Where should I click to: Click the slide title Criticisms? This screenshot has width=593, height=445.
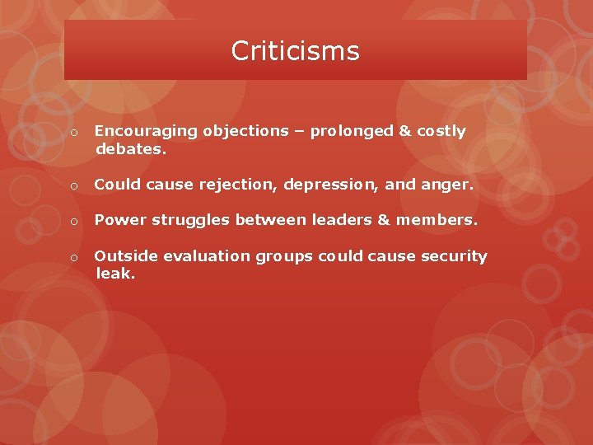point(295,51)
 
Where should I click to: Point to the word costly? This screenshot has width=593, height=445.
point(441,131)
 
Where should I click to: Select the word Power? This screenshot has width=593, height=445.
point(119,221)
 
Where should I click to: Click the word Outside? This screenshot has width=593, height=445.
point(125,256)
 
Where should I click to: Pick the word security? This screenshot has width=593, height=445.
point(454,256)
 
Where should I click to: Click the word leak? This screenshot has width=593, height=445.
point(115,274)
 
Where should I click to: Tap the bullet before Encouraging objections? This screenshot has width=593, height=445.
point(73,133)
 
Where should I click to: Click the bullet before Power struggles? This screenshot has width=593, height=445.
point(73,222)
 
